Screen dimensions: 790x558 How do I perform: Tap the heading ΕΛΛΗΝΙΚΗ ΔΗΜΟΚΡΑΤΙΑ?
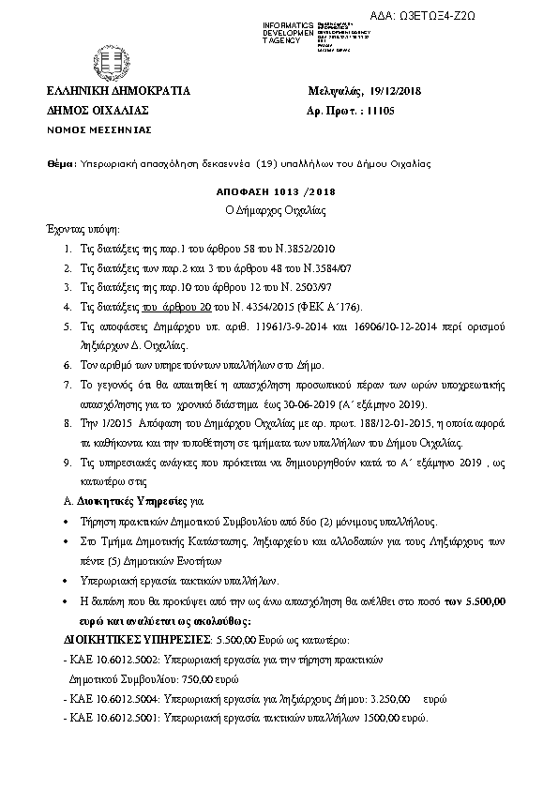tap(118, 91)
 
